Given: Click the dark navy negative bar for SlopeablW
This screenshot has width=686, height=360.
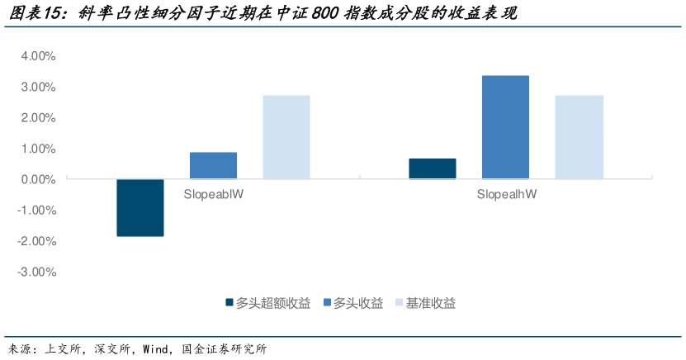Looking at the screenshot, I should point(140,207).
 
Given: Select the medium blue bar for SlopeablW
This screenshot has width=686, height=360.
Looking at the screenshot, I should point(213,165).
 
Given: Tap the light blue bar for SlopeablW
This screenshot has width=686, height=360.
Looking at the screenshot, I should point(286,137).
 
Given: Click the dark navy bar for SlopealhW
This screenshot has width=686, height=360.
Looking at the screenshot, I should point(433,168).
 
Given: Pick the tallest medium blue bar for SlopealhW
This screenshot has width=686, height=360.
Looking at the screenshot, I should point(505,127).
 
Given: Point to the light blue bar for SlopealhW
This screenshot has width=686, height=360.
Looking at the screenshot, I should point(579,137).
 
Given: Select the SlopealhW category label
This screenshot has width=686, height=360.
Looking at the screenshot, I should point(506,195).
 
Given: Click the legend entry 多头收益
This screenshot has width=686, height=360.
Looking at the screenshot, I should point(358,303).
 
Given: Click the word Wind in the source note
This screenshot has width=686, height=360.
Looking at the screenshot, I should point(155,348).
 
